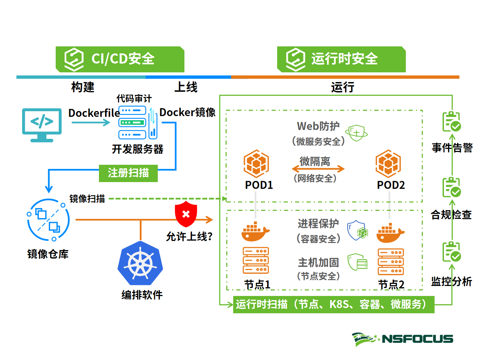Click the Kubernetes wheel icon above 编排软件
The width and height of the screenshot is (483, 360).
tap(140, 264)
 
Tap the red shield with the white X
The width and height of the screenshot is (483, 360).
tap(186, 214)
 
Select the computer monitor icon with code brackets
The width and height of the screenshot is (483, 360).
tap(42, 124)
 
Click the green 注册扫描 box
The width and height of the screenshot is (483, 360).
tap(128, 173)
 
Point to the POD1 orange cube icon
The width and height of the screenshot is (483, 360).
tap(256, 163)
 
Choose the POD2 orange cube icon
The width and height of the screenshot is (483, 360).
tap(388, 163)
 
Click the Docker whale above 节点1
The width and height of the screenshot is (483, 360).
tap(255, 232)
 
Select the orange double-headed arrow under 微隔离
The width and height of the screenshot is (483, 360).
tap(318, 169)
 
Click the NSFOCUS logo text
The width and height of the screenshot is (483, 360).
tap(417, 339)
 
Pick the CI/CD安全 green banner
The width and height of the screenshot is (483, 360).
tap(120, 59)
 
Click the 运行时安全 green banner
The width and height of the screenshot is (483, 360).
tap(341, 59)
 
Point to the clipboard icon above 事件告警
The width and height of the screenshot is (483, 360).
tap(452, 122)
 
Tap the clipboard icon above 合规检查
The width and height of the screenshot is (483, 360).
tap(452, 187)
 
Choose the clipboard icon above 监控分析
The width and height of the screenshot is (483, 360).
tap(452, 252)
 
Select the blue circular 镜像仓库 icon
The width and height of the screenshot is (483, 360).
tap(48, 220)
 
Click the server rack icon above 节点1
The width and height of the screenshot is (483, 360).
tap(256, 260)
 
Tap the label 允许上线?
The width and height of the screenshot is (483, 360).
tap(189, 237)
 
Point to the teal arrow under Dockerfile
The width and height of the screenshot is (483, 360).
tap(91, 123)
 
